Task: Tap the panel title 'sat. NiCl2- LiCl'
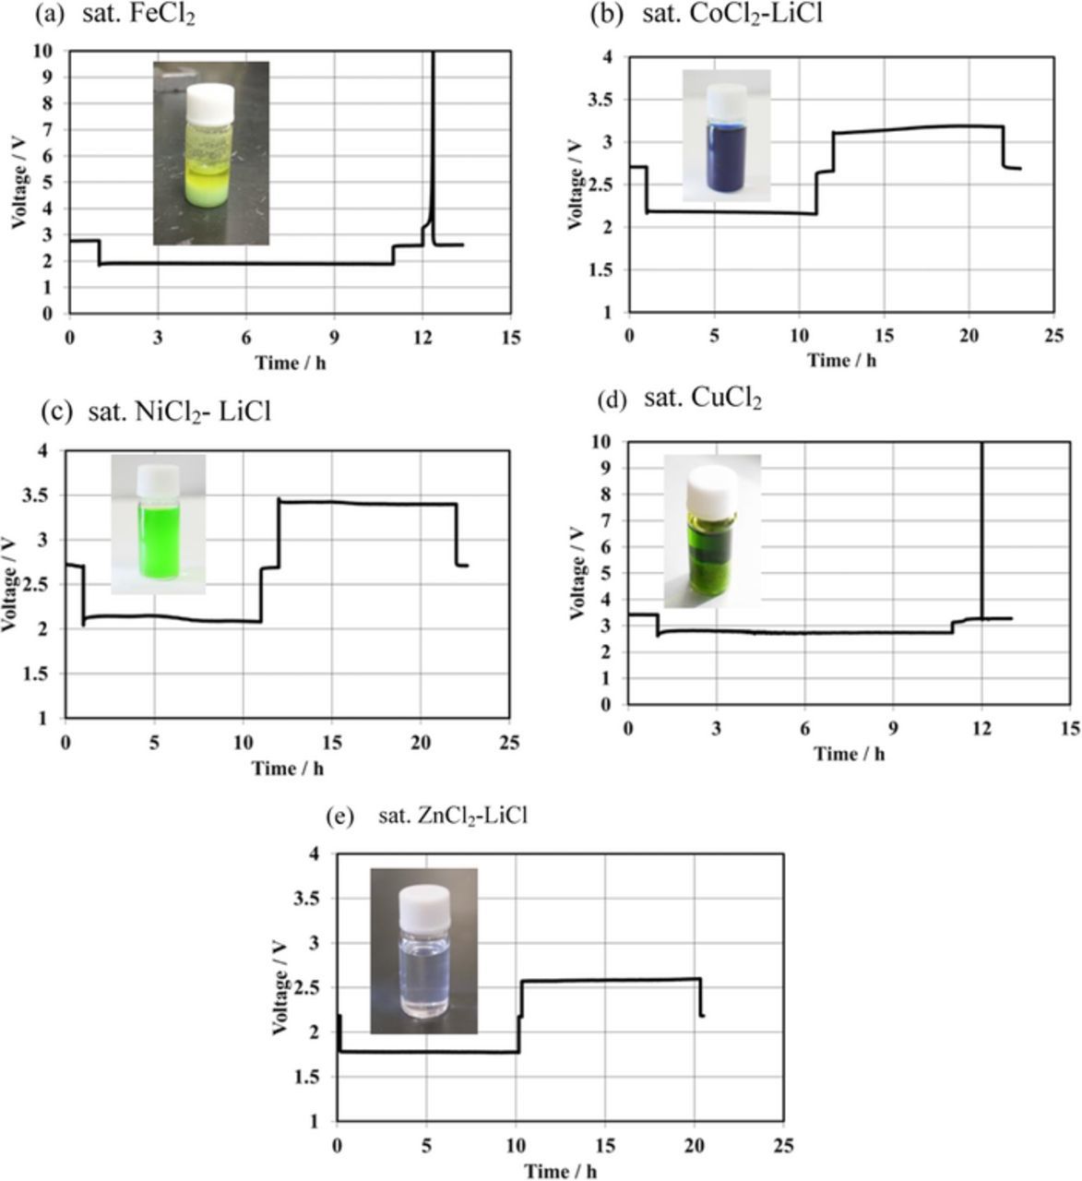[179, 412]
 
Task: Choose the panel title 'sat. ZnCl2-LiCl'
[453, 817]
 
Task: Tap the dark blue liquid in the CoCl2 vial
[726, 159]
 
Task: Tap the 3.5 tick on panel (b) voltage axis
[605, 100]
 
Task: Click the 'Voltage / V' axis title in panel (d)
[577, 572]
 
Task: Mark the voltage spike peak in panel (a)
[433, 55]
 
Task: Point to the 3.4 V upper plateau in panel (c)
[369, 503]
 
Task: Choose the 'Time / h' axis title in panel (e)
[559, 1171]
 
